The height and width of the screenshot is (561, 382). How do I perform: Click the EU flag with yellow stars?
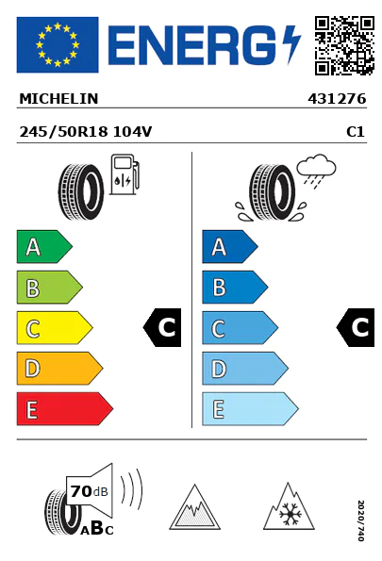click(x=58, y=44)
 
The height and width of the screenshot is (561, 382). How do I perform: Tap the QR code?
click(x=344, y=45)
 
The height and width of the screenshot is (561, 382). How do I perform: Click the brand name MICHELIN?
click(x=58, y=99)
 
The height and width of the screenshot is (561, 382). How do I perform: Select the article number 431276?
click(x=337, y=99)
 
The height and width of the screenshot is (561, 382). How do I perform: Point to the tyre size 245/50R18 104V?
click(x=86, y=132)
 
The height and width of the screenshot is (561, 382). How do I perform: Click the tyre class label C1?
click(x=356, y=132)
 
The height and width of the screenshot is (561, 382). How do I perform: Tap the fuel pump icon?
click(x=125, y=174)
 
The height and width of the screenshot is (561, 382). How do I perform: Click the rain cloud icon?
click(x=316, y=169)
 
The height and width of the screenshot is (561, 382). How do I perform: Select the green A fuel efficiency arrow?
click(x=44, y=246)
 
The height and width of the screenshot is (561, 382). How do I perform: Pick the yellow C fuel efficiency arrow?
click(x=55, y=328)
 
